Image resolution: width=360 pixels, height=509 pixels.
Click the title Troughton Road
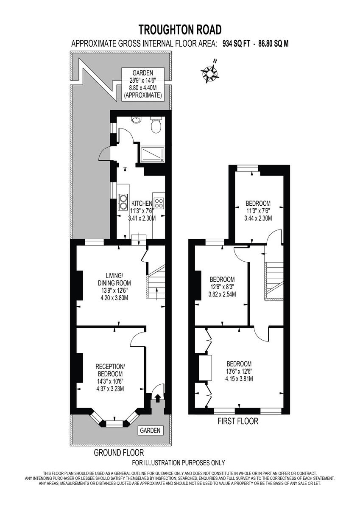point(180,30)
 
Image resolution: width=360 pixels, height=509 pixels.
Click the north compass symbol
point(209,74)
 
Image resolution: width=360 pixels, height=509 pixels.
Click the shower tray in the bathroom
point(150,154)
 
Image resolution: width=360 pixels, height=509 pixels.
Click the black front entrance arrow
point(157,398)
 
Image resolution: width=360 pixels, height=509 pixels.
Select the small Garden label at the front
point(150,431)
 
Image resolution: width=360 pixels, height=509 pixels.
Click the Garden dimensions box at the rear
point(142,84)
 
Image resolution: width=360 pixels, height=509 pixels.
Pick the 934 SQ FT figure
point(236,43)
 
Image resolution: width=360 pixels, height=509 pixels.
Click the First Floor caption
point(237,421)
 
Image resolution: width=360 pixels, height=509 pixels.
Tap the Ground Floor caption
point(119,453)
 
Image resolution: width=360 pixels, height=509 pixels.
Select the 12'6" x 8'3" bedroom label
point(222,287)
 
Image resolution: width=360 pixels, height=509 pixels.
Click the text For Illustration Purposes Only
point(179,463)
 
